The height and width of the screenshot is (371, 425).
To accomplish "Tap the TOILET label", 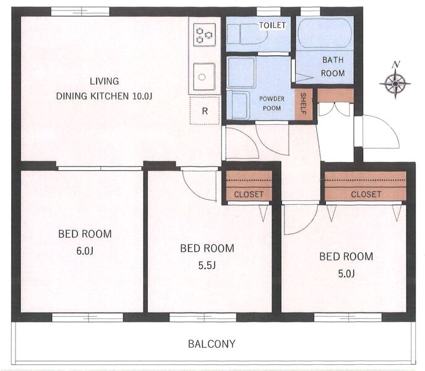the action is [272, 25].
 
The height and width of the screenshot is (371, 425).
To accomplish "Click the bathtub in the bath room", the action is [325, 33].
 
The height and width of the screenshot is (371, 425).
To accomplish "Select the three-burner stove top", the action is [204, 35].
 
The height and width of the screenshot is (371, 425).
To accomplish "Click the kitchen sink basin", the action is [204, 77].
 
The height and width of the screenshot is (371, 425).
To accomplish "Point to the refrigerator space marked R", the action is [205, 111].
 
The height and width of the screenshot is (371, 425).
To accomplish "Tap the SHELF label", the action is [303, 103].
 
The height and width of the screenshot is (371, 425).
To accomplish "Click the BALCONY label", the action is [212, 344].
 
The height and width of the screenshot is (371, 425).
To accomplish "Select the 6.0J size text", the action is [85, 251].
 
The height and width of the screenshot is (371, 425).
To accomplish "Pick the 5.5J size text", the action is [207, 265].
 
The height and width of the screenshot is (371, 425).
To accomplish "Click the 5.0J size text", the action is [346, 274].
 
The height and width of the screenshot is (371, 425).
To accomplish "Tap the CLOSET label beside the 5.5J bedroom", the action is [249, 194].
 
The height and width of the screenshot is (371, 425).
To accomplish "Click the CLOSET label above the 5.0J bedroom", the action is [366, 194].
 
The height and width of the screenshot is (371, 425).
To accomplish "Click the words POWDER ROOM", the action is [272, 103].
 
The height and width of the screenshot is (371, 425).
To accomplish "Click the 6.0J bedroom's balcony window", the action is [87, 318].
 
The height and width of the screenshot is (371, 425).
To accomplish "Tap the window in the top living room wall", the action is [80, 12].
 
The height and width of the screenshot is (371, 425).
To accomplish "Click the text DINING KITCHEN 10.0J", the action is [104, 96].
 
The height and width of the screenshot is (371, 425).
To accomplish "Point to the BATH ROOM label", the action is [333, 66].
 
